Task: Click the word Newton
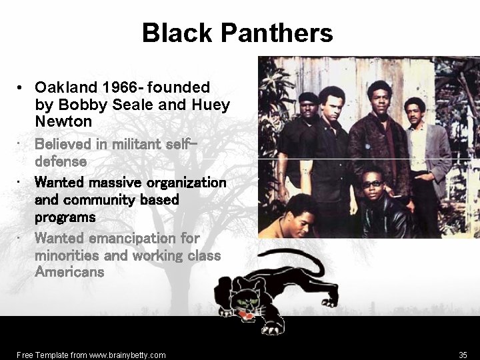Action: click(63, 122)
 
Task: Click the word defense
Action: click(61, 161)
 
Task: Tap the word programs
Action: click(65, 217)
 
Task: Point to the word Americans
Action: click(69, 272)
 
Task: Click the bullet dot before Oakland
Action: click(21, 88)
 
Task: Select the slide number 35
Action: click(463, 355)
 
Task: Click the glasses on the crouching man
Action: click(372, 184)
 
